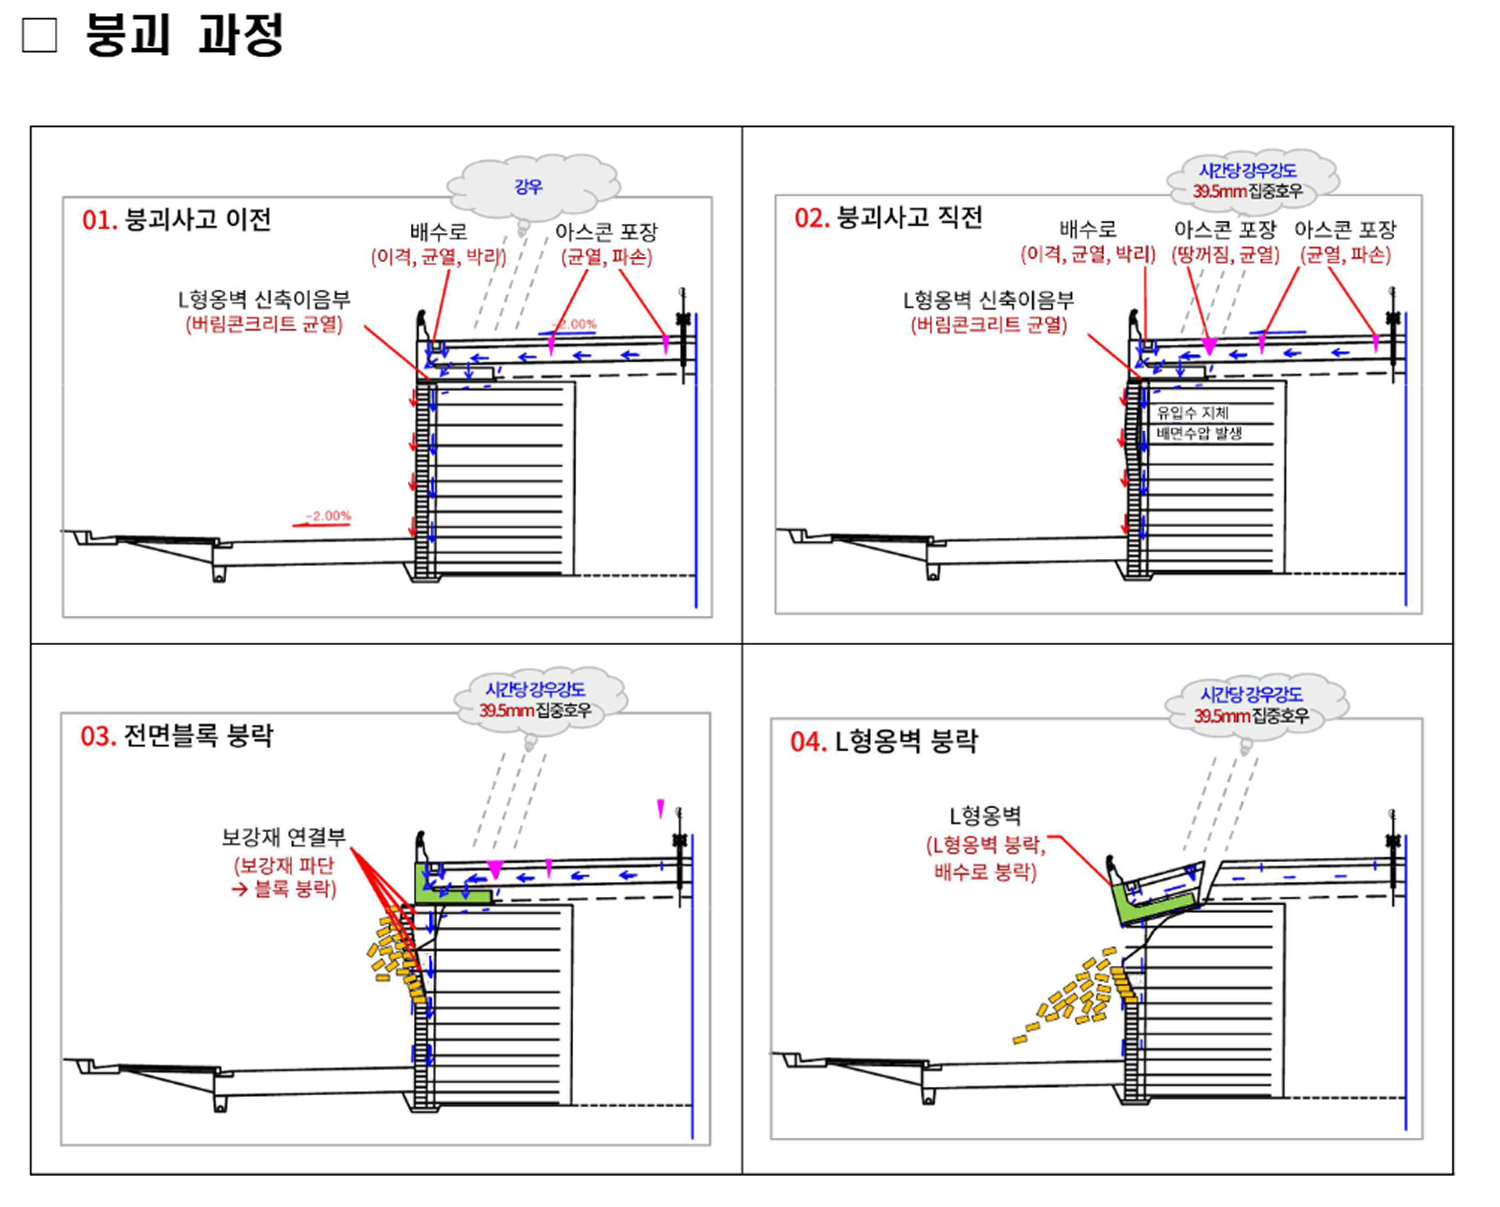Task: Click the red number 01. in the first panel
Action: tap(99, 220)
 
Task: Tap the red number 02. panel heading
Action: tap(811, 218)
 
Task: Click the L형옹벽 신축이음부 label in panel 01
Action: tap(264, 300)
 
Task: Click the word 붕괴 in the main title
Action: tap(127, 35)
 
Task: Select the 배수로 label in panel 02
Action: tap(1087, 229)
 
